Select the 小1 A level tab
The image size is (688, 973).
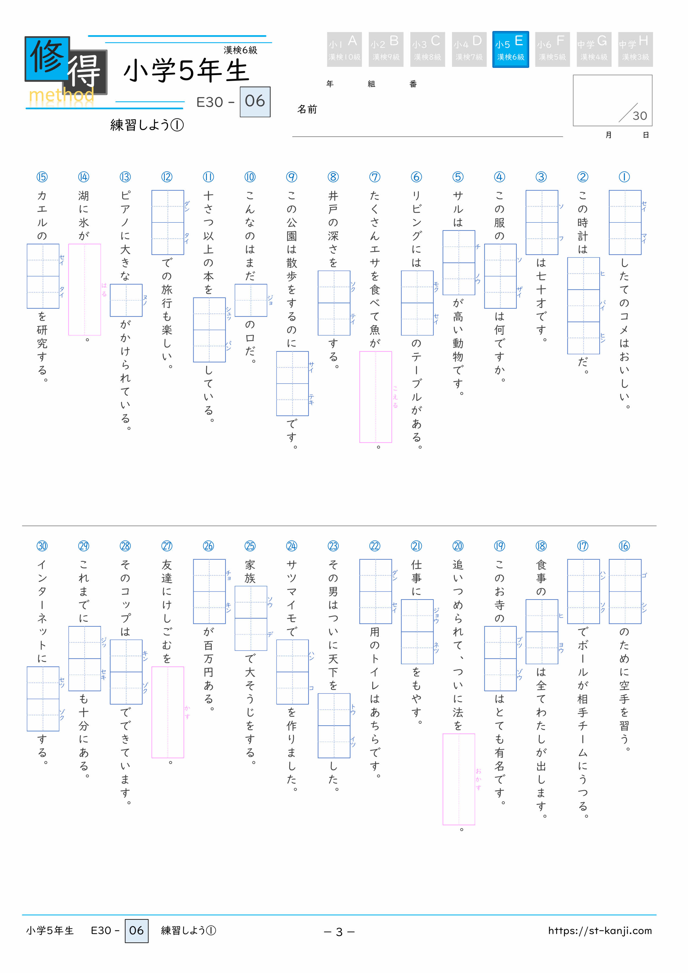pos(344,49)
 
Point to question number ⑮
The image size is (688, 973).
pos(42,177)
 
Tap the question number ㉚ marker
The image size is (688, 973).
pos(42,546)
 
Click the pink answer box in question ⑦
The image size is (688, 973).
pos(375,397)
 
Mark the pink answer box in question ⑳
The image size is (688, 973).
pos(459,779)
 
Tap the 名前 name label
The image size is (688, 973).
pos(307,109)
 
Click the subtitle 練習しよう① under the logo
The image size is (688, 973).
pos(147,125)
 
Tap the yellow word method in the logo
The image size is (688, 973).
pos(61,95)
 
